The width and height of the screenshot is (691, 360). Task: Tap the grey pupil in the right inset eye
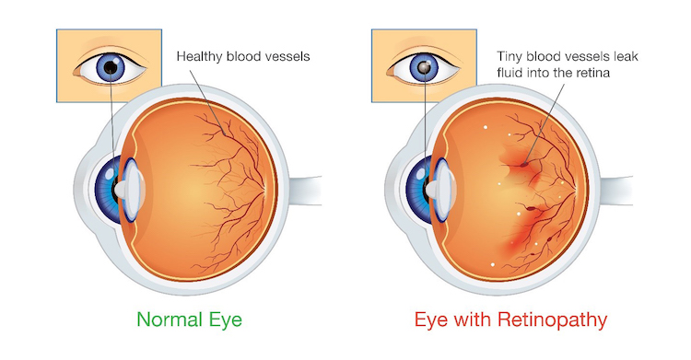(x=424, y=67)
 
